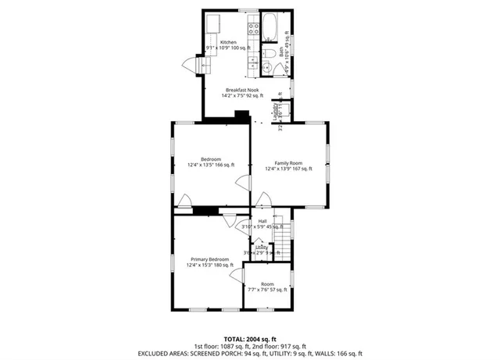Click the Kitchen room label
227,42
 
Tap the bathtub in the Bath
268,27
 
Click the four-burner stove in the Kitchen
253,30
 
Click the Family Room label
287,163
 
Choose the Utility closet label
261,248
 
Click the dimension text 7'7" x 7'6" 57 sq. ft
267,290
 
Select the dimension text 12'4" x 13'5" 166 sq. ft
210,165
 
